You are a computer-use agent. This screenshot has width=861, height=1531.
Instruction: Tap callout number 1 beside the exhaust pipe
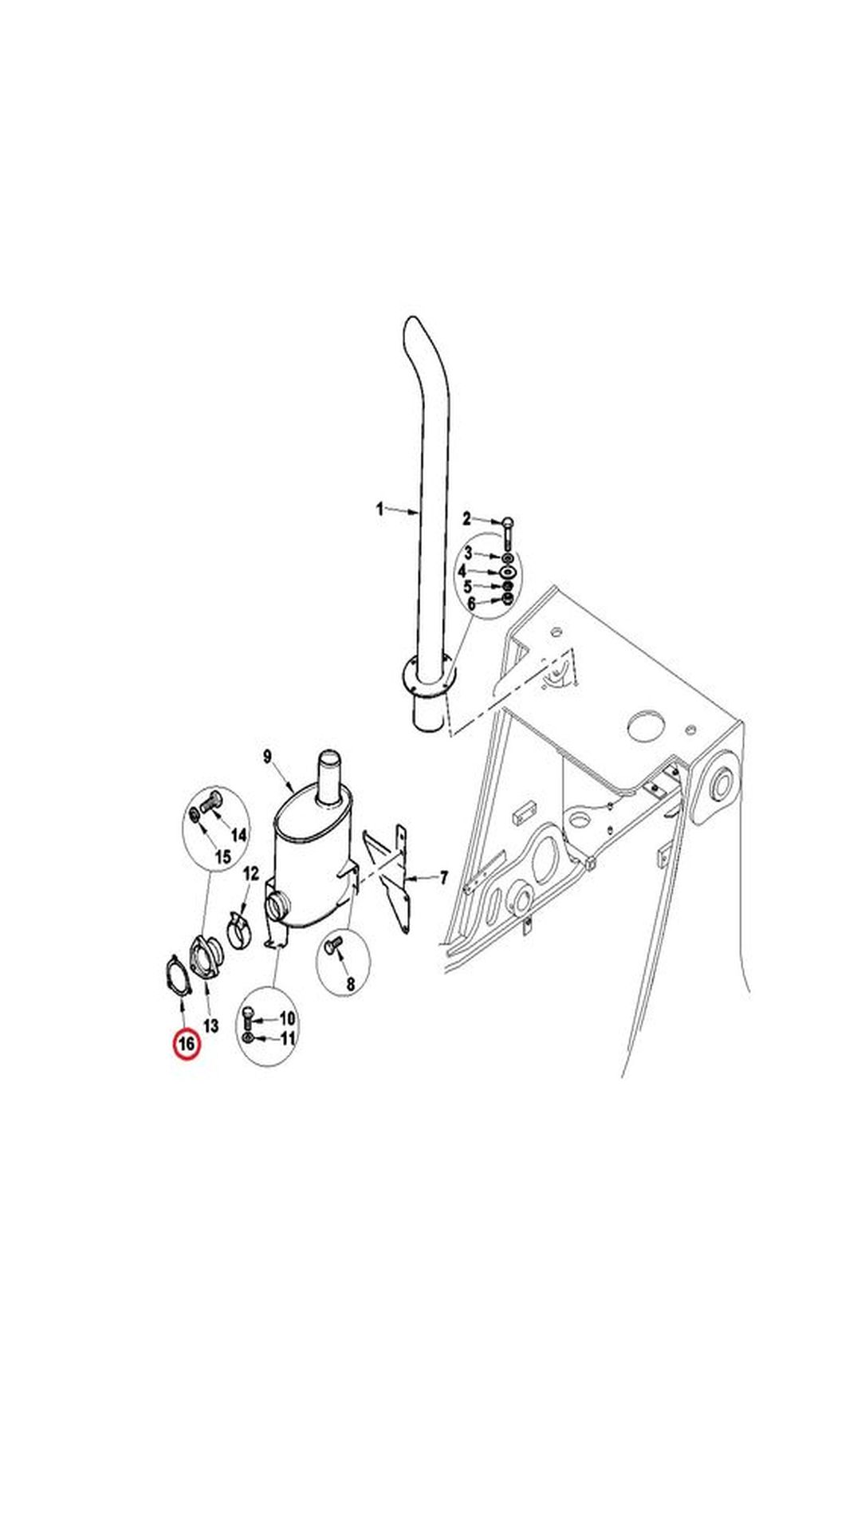coord(380,508)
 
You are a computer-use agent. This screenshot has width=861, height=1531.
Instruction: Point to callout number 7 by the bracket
coord(443,878)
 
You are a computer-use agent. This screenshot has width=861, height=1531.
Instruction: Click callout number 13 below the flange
coord(210,1025)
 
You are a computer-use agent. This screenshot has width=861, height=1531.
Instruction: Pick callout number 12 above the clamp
coord(251,874)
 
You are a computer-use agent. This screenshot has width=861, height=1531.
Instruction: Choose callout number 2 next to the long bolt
coord(468,519)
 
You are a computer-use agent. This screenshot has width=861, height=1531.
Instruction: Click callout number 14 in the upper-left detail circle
coord(238,835)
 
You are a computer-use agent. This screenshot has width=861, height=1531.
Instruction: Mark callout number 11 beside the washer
coord(287,1038)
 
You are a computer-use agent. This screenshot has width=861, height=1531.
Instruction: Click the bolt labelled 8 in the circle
coord(333,946)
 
